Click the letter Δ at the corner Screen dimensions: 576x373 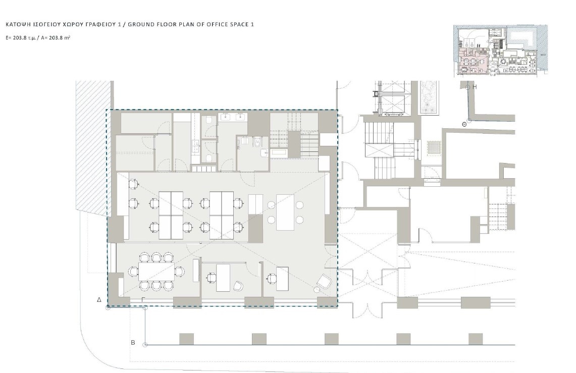(x=99, y=300)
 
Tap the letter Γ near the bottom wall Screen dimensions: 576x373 (x=143, y=300)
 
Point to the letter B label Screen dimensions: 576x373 (x=133, y=343)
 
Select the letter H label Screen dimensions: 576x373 (x=475, y=87)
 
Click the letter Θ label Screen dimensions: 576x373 (x=464, y=125)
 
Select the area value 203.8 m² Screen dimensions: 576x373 (x=60, y=37)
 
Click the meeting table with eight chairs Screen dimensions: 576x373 (x=156, y=272)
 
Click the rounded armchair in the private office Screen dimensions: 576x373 (x=238, y=286)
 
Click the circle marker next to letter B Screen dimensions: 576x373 (x=145, y=345)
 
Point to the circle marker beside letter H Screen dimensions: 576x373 (x=467, y=87)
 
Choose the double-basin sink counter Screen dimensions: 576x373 (x=233, y=117)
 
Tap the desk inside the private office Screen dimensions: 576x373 (x=223, y=278)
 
